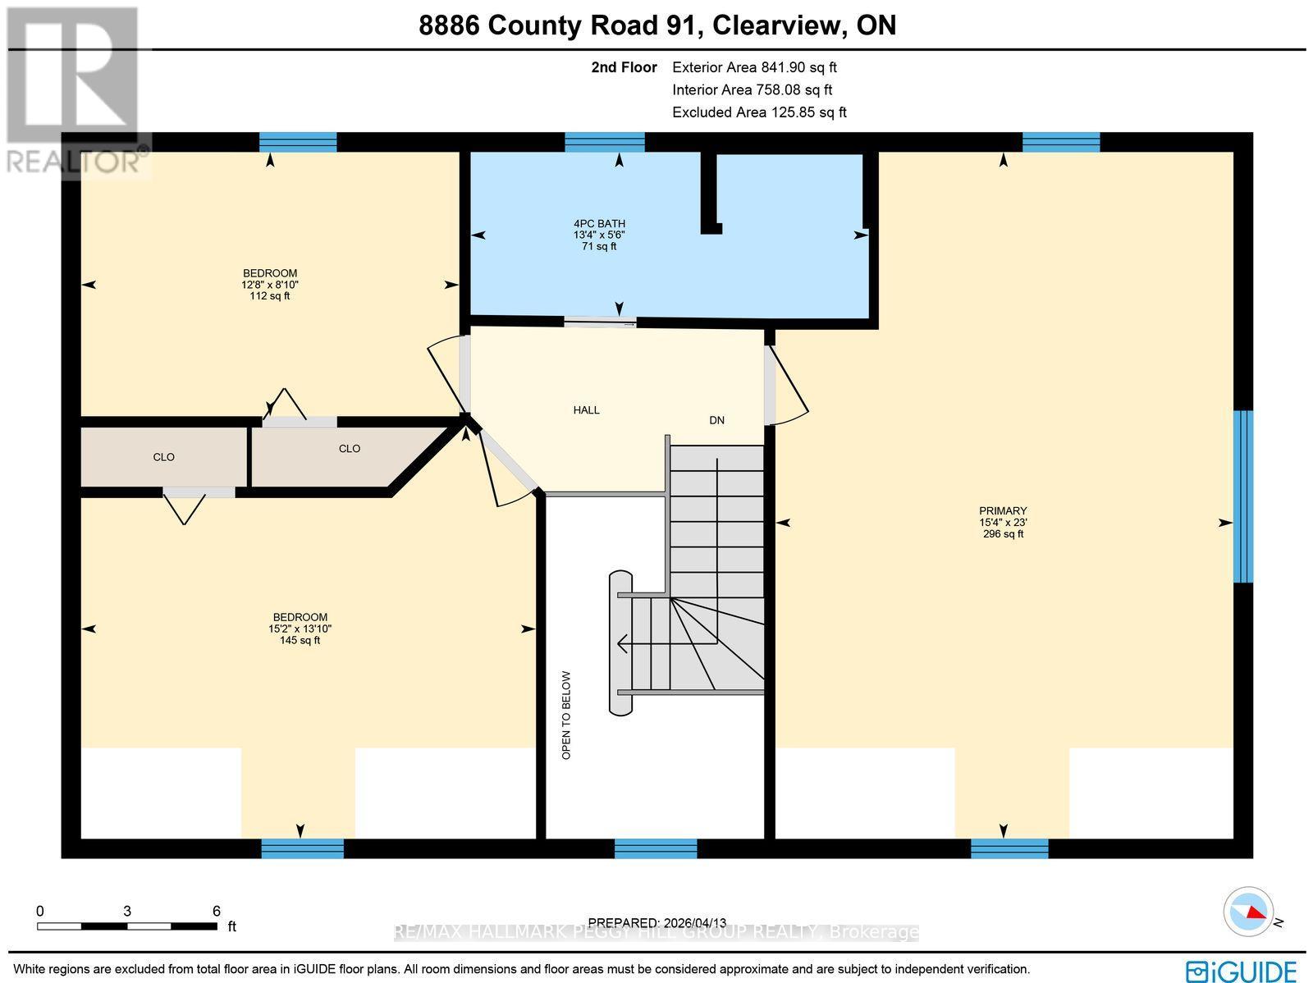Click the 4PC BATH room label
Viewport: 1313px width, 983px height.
pos(599,223)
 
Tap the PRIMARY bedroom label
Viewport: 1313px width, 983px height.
pos(1003,510)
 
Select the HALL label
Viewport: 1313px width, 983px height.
pos(586,409)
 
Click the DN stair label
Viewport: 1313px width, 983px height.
pos(716,420)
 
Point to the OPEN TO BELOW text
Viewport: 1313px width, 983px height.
pos(566,715)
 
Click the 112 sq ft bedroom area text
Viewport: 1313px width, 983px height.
pos(269,296)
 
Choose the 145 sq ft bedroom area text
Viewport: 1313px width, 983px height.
pos(300,640)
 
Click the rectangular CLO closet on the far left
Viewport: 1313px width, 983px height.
pos(163,457)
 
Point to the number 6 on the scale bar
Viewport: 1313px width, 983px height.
pos(217,911)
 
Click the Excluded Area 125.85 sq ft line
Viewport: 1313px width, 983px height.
pos(759,112)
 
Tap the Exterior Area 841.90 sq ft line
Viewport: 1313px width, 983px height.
pos(754,68)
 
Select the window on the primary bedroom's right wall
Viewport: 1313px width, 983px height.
pos(1243,496)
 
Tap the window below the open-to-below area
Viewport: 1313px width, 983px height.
pos(656,848)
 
